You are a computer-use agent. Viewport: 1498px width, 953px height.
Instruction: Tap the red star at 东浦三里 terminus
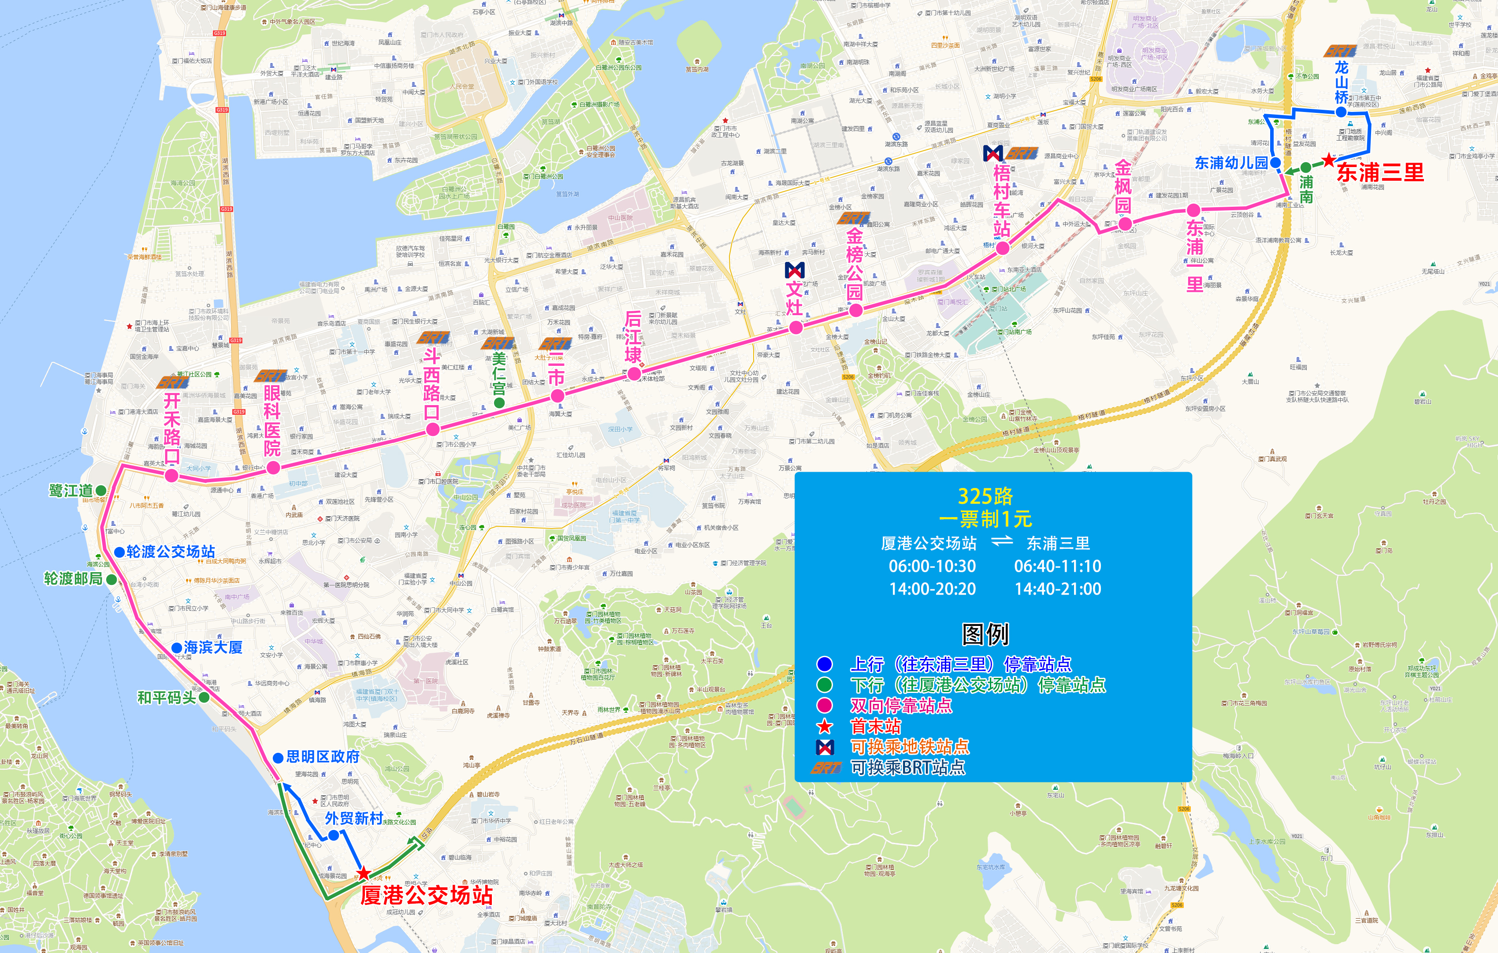(1329, 160)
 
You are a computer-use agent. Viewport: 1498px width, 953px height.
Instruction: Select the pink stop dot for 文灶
(795, 327)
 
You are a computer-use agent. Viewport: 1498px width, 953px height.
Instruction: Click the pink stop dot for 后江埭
(634, 373)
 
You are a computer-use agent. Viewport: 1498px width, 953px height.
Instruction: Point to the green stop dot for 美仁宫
(499, 402)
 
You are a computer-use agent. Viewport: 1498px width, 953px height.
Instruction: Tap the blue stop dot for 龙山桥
(1341, 112)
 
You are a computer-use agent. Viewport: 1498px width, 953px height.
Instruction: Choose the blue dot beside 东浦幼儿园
(1275, 163)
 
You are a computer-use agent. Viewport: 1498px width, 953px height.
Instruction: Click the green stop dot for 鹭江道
(101, 491)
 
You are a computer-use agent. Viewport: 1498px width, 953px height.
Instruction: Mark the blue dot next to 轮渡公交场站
(119, 552)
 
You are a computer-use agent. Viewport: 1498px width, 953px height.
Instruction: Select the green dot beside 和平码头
(204, 697)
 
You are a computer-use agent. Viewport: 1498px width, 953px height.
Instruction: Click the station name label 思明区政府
(323, 757)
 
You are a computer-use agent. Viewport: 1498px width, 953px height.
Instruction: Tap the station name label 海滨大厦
(213, 648)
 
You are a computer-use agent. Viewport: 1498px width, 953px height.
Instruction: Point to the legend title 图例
(985, 634)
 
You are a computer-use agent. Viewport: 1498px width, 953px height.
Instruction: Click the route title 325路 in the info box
(985, 496)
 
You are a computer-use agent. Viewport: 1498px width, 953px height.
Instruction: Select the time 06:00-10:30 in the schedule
(932, 566)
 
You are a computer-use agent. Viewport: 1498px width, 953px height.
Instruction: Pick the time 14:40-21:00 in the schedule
(1058, 588)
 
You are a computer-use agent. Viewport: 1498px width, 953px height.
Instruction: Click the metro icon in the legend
(825, 746)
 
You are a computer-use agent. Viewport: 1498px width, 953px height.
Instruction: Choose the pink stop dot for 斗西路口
(433, 428)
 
